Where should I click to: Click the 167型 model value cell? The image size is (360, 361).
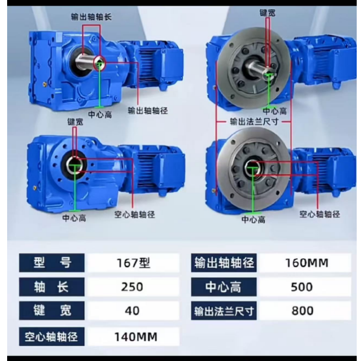click(134, 262)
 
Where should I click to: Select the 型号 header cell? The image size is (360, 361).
click(52, 262)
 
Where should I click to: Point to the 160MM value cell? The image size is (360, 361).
click(305, 262)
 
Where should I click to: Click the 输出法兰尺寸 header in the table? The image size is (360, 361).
click(224, 310)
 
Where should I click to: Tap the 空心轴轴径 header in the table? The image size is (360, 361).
click(52, 337)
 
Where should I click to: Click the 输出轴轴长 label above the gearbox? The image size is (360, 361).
click(91, 17)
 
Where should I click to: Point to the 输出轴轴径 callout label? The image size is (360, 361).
click(148, 111)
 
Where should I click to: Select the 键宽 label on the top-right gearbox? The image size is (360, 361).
click(267, 13)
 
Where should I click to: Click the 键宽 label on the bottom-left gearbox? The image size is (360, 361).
click(75, 122)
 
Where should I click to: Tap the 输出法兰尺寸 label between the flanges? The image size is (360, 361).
click(254, 121)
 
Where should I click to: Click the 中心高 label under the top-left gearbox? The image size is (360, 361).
click(100, 114)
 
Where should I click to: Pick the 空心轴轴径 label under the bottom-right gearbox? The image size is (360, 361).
click(319, 215)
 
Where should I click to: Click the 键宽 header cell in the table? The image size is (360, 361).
click(52, 310)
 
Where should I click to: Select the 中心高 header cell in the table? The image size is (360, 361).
click(224, 287)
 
